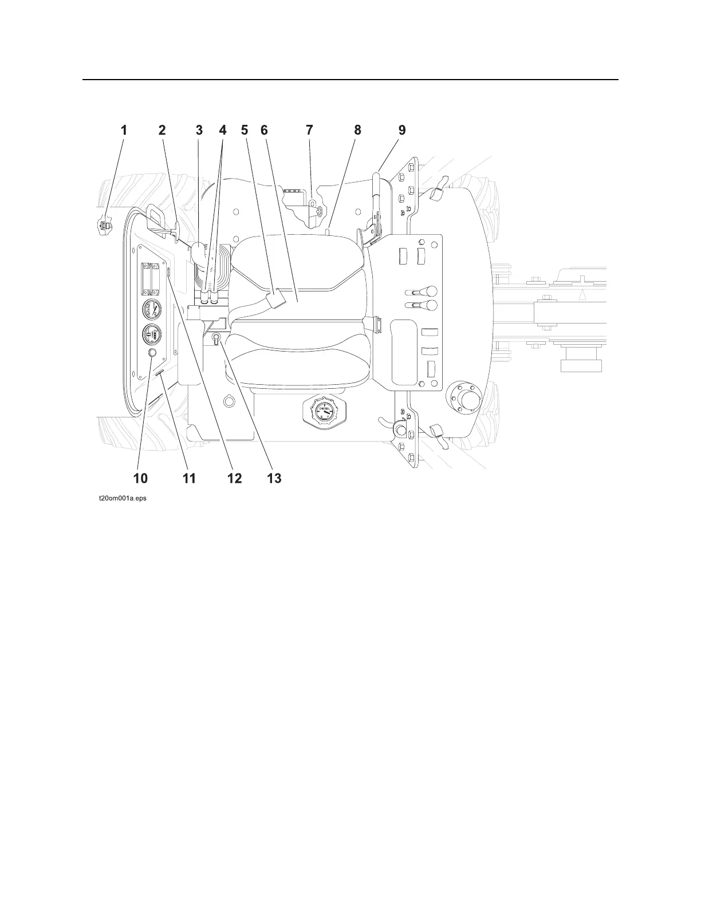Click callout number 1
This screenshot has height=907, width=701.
[x=123, y=131]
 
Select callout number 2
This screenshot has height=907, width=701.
[x=162, y=131]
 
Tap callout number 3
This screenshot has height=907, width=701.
[x=199, y=131]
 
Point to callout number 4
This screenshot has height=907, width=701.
[x=223, y=131]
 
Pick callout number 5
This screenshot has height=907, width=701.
[x=245, y=131]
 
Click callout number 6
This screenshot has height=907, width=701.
[x=264, y=131]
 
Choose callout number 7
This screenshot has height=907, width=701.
[x=310, y=131]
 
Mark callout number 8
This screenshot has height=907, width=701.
[x=358, y=131]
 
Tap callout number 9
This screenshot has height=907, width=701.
[x=402, y=131]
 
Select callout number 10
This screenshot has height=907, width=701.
[x=140, y=478]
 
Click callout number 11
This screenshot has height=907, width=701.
[x=189, y=478]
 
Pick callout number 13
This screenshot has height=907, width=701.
[x=274, y=478]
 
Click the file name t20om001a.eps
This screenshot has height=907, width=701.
[x=122, y=499]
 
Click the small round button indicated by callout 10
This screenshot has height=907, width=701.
[x=152, y=353]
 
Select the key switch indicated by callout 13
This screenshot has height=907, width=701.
[x=216, y=338]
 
